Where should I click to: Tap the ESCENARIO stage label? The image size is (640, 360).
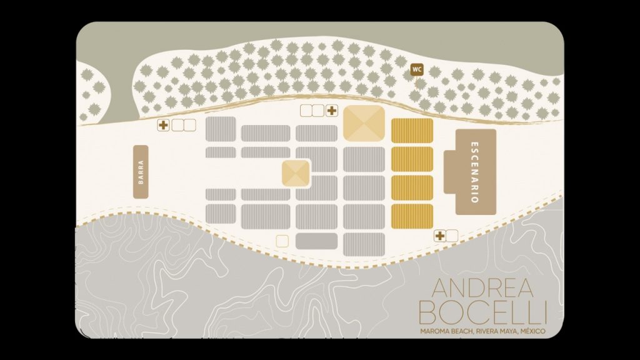(476, 172)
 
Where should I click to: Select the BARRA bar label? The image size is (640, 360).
(141, 172)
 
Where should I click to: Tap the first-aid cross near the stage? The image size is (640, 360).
(440, 236)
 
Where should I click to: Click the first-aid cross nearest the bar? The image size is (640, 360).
(164, 125)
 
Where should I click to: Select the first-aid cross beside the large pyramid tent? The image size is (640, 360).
(331, 111)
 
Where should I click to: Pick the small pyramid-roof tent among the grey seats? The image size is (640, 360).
(296, 174)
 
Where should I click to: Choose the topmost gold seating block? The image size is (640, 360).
(412, 131)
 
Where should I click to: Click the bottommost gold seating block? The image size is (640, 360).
(412, 216)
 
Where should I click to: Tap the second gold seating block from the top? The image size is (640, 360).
(412, 159)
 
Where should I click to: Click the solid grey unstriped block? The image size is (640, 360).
(316, 241)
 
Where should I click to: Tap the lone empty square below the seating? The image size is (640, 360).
(282, 241)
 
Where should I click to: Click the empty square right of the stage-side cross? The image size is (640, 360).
(452, 236)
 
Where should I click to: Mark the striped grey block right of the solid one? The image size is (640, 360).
(364, 243)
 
